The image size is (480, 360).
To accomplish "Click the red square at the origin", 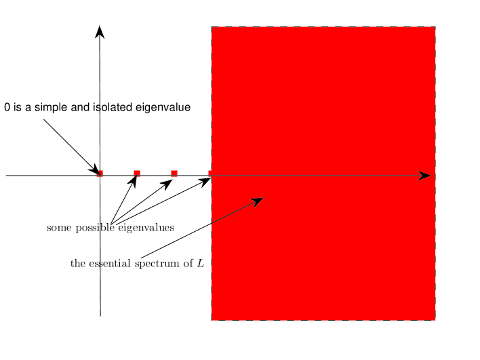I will [x=100, y=174].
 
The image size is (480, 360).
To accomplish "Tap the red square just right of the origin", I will [x=137, y=174].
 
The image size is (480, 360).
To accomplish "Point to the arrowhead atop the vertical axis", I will [x=100, y=32].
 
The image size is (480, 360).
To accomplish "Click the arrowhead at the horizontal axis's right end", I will [x=425, y=176].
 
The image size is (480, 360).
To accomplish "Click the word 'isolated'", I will [x=113, y=107].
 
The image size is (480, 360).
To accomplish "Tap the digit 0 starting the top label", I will [x=7, y=107].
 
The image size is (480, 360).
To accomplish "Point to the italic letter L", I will [x=201, y=263].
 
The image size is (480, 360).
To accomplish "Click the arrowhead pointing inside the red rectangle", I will [x=258, y=201].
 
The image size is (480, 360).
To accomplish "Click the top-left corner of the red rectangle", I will [x=212, y=27].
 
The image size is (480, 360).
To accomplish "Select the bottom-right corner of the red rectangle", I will [x=435, y=319].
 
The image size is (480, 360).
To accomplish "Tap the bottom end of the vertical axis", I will [x=100, y=315].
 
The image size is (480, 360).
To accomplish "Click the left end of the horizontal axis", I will [x=7, y=176].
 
